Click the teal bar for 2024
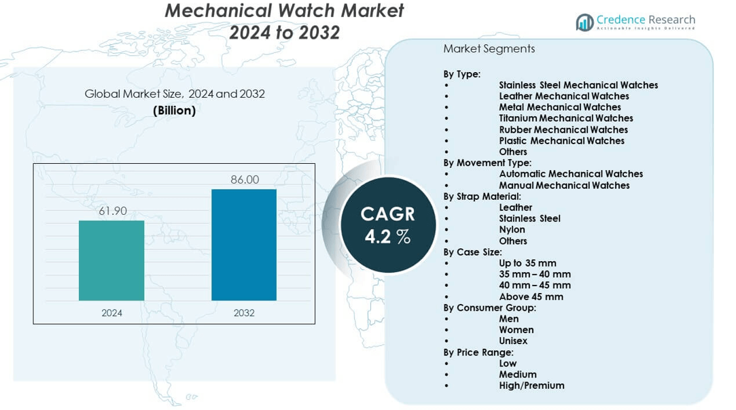(x=111, y=260)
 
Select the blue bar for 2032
(x=244, y=245)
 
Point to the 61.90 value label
(x=112, y=211)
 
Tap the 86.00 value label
(x=245, y=180)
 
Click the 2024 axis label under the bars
(x=112, y=313)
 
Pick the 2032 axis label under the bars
(x=244, y=313)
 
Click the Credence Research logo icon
(x=584, y=22)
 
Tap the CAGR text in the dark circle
(x=387, y=214)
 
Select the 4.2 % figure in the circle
(x=387, y=237)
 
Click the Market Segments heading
(x=489, y=49)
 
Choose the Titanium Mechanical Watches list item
(x=565, y=118)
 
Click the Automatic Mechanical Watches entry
(x=570, y=174)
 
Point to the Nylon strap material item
(x=512, y=230)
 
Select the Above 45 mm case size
(x=531, y=296)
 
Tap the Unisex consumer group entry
(x=513, y=341)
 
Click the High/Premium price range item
(x=531, y=386)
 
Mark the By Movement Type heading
(x=487, y=163)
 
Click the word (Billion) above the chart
(x=175, y=110)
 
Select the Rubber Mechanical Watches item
(x=563, y=130)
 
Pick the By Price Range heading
(x=478, y=352)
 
